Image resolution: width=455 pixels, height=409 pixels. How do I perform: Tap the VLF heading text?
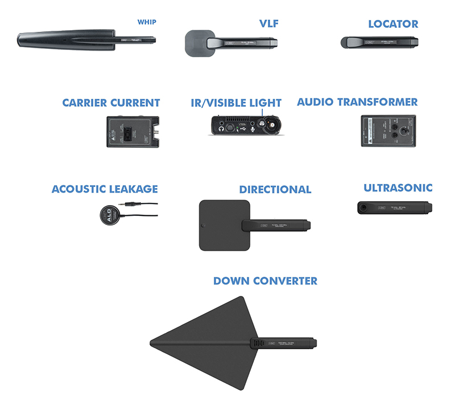click(x=269, y=24)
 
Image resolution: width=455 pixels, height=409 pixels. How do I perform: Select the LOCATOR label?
click(x=393, y=24)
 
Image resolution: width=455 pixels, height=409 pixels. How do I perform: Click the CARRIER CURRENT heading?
click(x=111, y=103)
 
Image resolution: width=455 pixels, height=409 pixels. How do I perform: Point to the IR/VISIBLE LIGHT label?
click(x=236, y=103)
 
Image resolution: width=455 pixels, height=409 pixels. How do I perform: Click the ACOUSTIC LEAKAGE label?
click(x=105, y=189)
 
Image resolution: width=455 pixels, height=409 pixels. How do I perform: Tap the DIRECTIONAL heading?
click(x=275, y=189)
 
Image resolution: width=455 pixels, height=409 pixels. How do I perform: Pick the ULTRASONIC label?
click(x=398, y=187)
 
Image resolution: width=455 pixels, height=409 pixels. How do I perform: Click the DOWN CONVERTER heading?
click(x=265, y=281)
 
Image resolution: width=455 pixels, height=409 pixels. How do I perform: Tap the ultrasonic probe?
click(x=392, y=207)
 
